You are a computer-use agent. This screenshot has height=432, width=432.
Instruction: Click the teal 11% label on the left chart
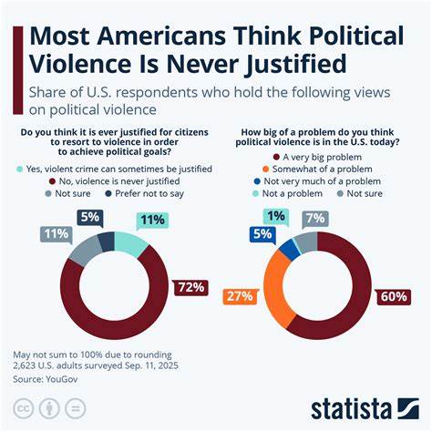[150, 220]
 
